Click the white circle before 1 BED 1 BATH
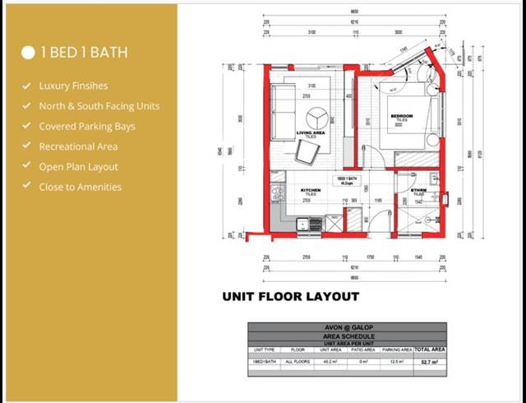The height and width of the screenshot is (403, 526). [x=28, y=53]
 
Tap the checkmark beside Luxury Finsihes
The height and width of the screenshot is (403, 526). [x=27, y=86]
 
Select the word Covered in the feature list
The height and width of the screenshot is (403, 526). [x=58, y=127]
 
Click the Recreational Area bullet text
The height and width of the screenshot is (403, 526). [x=78, y=146]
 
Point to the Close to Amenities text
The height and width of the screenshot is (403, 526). [x=80, y=187]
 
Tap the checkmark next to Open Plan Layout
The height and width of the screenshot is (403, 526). [x=27, y=167]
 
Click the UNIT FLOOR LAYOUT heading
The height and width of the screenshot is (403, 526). [x=290, y=296]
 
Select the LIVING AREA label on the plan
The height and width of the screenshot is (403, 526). [x=310, y=132]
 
